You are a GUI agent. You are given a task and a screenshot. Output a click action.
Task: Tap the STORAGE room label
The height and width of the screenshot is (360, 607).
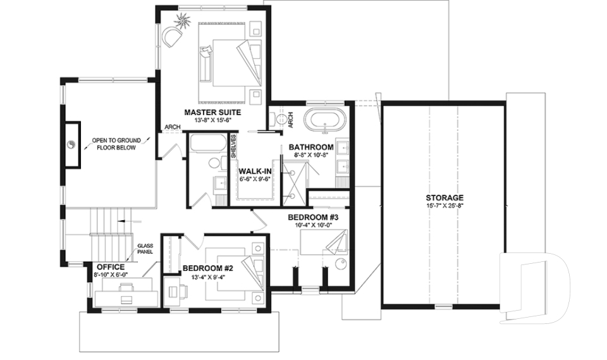[x=445, y=197]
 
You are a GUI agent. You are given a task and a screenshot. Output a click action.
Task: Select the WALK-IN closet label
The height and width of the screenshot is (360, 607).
[x=254, y=171]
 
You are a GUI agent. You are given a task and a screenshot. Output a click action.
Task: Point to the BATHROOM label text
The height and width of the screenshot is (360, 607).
[x=311, y=147]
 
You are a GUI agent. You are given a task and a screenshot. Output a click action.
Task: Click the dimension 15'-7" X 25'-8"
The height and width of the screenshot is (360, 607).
[x=445, y=206]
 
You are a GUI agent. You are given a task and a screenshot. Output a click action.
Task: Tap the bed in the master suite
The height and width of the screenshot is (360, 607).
[x=230, y=61]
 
